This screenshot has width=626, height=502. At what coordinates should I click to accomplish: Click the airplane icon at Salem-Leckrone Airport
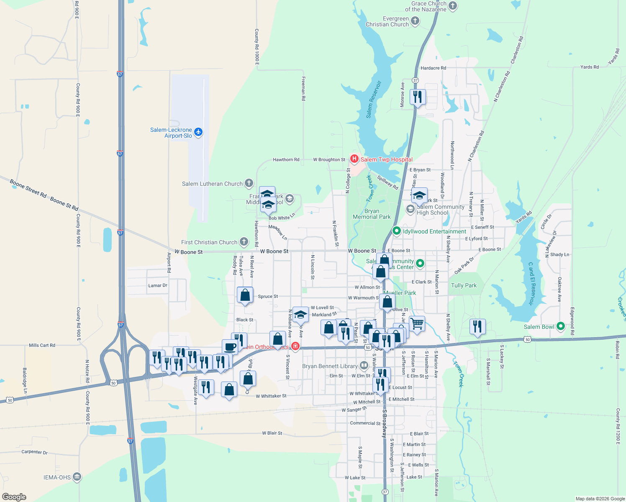click(x=198, y=132)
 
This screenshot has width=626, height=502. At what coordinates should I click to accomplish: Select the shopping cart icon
click(x=417, y=323)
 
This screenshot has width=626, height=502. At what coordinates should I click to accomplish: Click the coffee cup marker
click(x=230, y=347)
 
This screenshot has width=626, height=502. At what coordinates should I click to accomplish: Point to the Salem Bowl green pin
click(x=561, y=326)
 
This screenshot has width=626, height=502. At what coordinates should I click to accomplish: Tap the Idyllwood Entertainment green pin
click(x=396, y=231)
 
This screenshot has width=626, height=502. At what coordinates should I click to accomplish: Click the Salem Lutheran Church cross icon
click(x=249, y=183)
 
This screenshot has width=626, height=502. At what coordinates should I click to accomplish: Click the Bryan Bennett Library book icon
click(x=364, y=366)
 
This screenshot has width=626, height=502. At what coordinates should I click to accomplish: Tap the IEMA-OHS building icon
click(x=77, y=477)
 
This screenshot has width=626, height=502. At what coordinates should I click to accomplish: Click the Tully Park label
click(x=464, y=285)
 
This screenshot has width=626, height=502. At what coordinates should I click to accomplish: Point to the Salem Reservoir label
click(x=374, y=100)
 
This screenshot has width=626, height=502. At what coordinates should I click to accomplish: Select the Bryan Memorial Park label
click(x=372, y=214)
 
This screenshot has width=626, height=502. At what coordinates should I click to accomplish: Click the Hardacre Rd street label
click(x=433, y=68)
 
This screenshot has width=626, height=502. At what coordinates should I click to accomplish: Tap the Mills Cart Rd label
click(x=42, y=345)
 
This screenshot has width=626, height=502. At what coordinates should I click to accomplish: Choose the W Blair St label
click(x=272, y=433)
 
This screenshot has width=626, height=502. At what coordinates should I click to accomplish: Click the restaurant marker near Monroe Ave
click(x=418, y=97)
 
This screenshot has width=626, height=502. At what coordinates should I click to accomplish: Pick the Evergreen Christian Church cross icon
click(x=415, y=20)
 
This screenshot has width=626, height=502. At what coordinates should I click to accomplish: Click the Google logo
click(x=14, y=497)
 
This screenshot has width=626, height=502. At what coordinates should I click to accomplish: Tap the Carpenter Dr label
click(x=34, y=452)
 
